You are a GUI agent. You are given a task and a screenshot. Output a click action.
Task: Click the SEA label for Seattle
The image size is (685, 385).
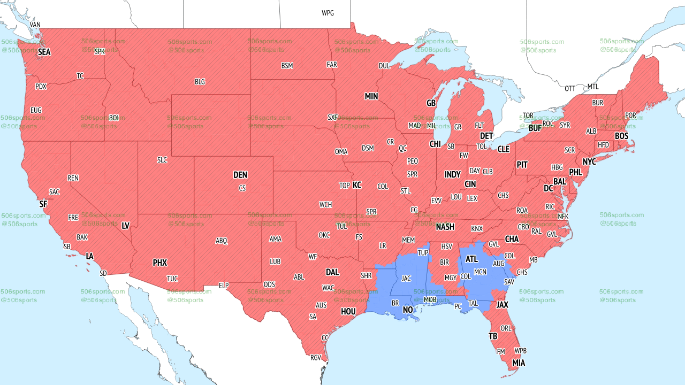[x=44, y=52]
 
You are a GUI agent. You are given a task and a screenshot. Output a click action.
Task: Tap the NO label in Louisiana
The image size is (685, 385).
[x=408, y=310]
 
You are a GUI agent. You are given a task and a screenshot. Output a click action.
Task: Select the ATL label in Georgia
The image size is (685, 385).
[x=471, y=259]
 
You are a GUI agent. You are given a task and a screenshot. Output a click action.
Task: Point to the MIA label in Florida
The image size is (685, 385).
[x=518, y=363]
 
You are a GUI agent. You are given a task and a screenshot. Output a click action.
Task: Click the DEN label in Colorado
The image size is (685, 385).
[x=240, y=175]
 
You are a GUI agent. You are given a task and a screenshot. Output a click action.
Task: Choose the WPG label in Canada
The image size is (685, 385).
[x=328, y=13]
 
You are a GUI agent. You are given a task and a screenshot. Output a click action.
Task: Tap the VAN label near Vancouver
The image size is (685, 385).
[x=35, y=25]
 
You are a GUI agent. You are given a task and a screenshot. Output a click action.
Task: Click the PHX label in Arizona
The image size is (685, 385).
[x=159, y=263]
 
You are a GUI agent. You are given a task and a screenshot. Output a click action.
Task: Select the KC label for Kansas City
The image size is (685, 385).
[x=356, y=185]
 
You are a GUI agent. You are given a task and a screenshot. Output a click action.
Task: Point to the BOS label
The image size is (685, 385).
[x=621, y=136]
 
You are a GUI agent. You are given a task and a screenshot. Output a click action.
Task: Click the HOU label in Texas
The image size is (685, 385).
[x=348, y=311]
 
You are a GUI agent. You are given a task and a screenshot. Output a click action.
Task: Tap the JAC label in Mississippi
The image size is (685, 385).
[x=406, y=278]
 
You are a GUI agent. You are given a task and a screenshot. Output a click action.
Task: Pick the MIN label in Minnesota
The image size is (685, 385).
[x=371, y=96]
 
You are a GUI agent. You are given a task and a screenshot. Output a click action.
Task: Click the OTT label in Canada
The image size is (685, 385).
[x=570, y=88]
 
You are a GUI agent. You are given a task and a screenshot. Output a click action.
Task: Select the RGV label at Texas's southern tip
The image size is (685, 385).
[x=315, y=358]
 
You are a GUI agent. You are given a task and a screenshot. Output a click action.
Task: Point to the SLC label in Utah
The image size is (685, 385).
[x=162, y=159]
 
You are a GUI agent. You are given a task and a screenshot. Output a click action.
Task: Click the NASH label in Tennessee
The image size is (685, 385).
[x=445, y=227]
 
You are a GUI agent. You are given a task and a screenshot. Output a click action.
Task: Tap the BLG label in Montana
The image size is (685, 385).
[x=200, y=82]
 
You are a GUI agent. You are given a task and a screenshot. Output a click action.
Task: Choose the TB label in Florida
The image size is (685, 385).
[x=493, y=336]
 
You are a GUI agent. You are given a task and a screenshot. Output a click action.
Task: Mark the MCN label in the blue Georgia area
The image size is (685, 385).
[x=480, y=272]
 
